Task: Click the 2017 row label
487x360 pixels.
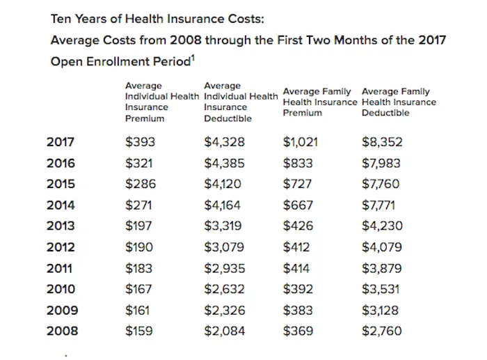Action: click(60, 143)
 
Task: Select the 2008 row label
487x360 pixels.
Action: click(60, 331)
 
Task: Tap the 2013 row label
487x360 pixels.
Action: click(60, 226)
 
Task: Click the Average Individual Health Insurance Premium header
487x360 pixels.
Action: click(161, 102)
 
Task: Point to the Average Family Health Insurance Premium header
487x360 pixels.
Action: click(320, 102)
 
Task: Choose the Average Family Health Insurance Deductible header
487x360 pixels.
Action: click(399, 102)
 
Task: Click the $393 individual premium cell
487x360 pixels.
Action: click(139, 143)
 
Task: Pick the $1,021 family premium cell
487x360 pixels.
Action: click(301, 143)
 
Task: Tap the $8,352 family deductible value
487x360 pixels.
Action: click(382, 143)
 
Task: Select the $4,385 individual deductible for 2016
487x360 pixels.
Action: click(225, 164)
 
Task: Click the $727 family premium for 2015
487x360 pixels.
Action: click(298, 185)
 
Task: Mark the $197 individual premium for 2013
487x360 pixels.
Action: click(138, 226)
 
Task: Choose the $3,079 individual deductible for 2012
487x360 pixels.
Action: click(225, 247)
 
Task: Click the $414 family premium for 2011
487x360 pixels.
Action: click(297, 268)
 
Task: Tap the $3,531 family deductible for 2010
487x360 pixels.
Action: click(381, 289)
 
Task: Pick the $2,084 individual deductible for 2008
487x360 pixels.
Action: click(225, 331)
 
